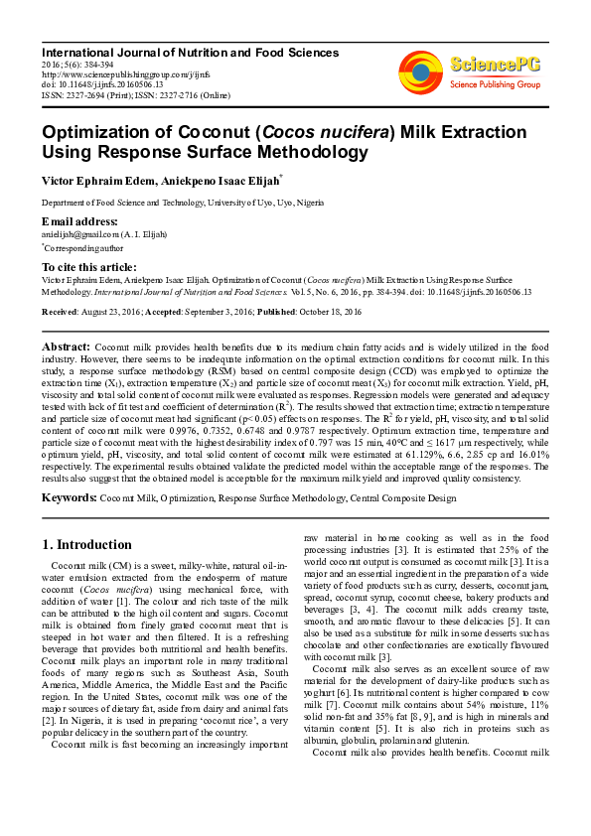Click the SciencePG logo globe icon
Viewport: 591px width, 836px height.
tap(421, 70)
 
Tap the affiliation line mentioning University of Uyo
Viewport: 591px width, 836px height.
tap(178, 202)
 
